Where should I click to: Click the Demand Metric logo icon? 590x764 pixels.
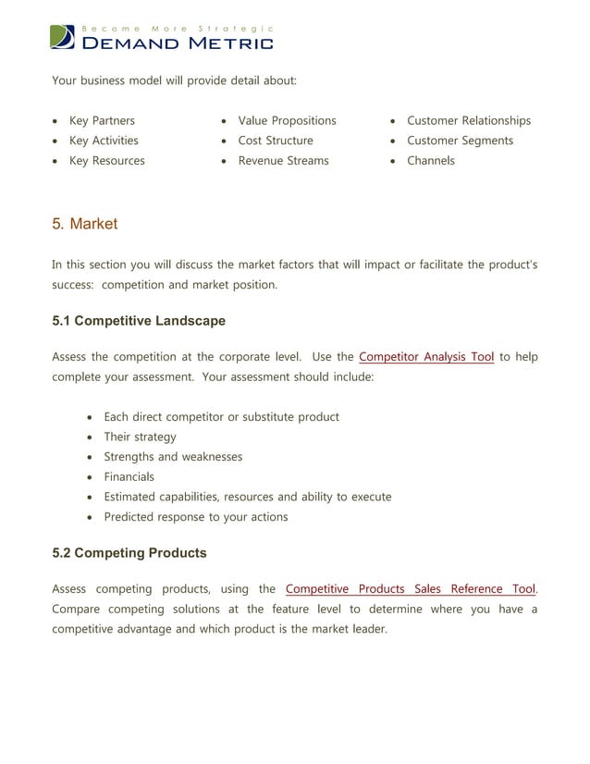pyautogui.click(x=63, y=37)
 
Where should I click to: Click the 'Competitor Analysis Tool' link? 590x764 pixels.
pyautogui.click(x=425, y=357)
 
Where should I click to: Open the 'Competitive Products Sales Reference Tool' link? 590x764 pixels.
pyautogui.click(x=410, y=589)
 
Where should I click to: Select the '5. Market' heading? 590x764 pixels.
pyautogui.click(x=84, y=225)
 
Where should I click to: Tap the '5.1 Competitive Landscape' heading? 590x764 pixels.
pyautogui.click(x=139, y=321)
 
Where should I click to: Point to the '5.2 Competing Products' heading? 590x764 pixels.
pyautogui.click(x=129, y=553)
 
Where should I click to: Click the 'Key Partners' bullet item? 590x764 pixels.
pyautogui.click(x=102, y=121)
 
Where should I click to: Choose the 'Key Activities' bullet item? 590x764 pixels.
pyautogui.click(x=104, y=141)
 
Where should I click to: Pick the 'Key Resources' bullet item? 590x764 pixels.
pyautogui.click(x=106, y=161)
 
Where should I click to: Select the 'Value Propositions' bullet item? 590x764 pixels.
pyautogui.click(x=287, y=121)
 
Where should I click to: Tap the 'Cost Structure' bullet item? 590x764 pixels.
pyautogui.click(x=276, y=141)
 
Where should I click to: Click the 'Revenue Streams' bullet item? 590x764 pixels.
pyautogui.click(x=283, y=161)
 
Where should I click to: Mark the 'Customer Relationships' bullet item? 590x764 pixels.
pyautogui.click(x=469, y=121)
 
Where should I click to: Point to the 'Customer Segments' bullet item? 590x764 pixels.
pyautogui.click(x=460, y=141)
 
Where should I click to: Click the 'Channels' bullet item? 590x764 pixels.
pyautogui.click(x=431, y=161)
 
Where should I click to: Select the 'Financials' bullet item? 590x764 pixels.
pyautogui.click(x=129, y=477)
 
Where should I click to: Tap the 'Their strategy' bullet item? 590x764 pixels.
pyautogui.click(x=140, y=437)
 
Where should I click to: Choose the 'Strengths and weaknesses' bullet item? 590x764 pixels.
pyautogui.click(x=173, y=457)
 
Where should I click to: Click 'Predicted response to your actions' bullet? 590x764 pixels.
pyautogui.click(x=195, y=517)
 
